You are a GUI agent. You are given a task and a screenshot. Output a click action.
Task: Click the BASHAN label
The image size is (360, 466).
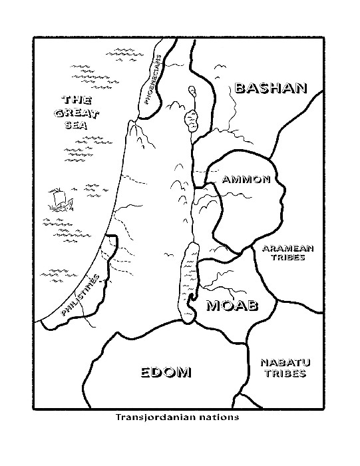coord(270,88)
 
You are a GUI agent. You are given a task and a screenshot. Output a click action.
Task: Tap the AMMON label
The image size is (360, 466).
coord(246,179)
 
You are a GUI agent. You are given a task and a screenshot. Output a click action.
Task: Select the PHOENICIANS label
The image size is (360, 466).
coord(150,82)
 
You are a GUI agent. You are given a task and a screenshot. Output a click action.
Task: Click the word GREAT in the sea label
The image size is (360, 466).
coord(76,113)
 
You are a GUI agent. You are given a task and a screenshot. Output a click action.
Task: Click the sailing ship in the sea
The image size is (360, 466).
coord(57,200)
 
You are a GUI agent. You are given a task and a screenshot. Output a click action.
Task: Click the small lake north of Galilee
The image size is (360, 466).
coord(192,91)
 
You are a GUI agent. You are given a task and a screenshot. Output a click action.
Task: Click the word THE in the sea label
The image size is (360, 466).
coord(75,100)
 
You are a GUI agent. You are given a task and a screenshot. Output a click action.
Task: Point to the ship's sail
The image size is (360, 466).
coord(57,196)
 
